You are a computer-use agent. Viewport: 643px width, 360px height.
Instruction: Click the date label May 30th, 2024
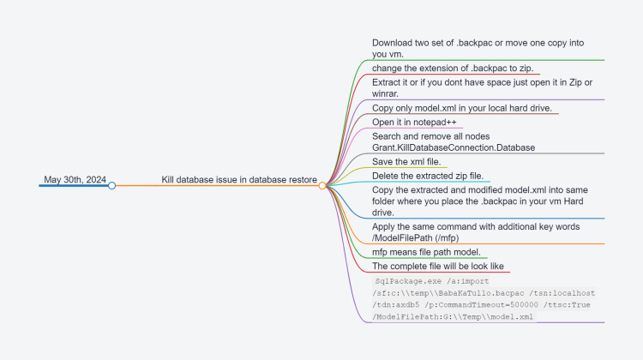coord(75,180)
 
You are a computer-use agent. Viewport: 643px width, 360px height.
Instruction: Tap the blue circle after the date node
coord(112,186)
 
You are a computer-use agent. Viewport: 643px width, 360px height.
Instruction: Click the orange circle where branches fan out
coord(322,186)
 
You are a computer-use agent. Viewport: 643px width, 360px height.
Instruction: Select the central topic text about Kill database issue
coord(239,180)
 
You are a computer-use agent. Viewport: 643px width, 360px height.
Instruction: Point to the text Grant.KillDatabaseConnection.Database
coord(454,147)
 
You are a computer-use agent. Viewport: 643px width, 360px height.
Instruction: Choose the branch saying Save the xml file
coord(406,161)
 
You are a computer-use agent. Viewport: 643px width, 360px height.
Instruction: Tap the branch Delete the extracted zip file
coord(428,176)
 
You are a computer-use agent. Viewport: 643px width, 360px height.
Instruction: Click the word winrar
coord(385,94)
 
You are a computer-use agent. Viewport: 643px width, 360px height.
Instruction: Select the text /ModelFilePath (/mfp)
coord(416,237)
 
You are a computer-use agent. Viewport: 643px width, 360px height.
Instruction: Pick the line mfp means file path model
coord(426,252)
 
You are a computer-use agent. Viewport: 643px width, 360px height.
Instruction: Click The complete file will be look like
coord(438,266)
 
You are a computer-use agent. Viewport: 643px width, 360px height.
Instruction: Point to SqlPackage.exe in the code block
coord(408,281)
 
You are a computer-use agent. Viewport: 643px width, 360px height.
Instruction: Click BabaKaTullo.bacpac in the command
coord(481,293)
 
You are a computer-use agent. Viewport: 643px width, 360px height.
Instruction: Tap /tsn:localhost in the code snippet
coord(562,293)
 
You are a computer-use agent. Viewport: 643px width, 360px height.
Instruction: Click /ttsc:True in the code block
coord(567,304)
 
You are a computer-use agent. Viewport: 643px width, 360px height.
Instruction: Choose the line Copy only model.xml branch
coord(462,108)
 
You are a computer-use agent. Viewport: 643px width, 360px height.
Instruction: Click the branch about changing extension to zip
coord(453,68)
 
